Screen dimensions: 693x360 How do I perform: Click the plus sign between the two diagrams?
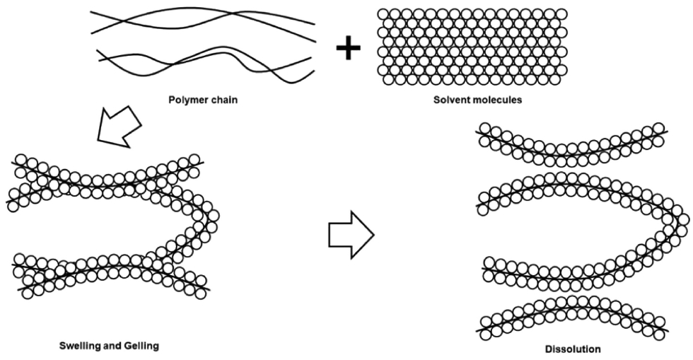pyautogui.click(x=348, y=47)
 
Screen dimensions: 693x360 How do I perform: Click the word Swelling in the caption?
pyautogui.click(x=79, y=345)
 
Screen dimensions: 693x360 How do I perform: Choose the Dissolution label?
pyautogui.click(x=573, y=349)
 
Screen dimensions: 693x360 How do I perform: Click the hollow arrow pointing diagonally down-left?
pyautogui.click(x=119, y=126)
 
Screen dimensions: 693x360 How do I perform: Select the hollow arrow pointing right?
pyautogui.click(x=351, y=234)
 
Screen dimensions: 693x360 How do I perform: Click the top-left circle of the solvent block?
pyautogui.click(x=383, y=14)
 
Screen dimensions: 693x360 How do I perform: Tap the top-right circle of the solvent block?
pyautogui.click(x=561, y=14)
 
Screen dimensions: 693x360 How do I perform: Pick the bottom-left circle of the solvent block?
pyautogui.click(x=388, y=80)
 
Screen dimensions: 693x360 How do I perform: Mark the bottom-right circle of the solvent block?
pyautogui.click(x=556, y=80)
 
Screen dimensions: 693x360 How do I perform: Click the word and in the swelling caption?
pyautogui.click(x=110, y=345)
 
